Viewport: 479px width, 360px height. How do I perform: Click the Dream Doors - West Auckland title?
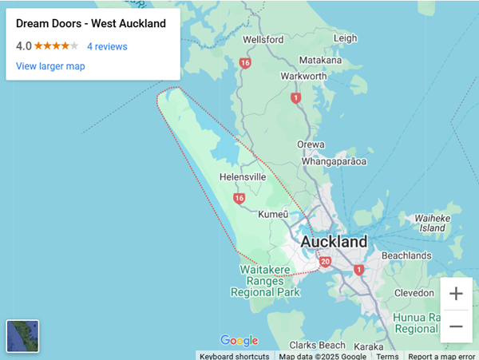click(91, 24)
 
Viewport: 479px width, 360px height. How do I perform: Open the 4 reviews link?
click(107, 46)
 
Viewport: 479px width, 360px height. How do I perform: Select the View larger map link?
click(50, 66)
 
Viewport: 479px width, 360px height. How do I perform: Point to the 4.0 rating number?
click(23, 46)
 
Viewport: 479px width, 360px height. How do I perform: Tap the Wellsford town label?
click(263, 39)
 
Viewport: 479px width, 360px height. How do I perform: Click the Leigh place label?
click(346, 38)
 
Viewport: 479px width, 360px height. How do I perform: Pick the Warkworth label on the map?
click(304, 77)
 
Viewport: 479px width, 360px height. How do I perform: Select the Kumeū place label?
click(273, 215)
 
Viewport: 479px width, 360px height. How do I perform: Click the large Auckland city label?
click(334, 241)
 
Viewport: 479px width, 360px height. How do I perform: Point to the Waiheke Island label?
click(432, 223)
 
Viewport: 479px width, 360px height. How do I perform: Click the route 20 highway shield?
click(324, 262)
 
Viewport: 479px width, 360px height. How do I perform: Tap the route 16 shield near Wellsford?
click(244, 62)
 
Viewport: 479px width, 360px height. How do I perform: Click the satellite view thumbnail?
click(22, 335)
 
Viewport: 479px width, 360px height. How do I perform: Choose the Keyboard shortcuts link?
click(234, 356)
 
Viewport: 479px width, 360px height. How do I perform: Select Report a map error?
click(441, 356)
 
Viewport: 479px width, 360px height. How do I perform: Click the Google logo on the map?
click(239, 341)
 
